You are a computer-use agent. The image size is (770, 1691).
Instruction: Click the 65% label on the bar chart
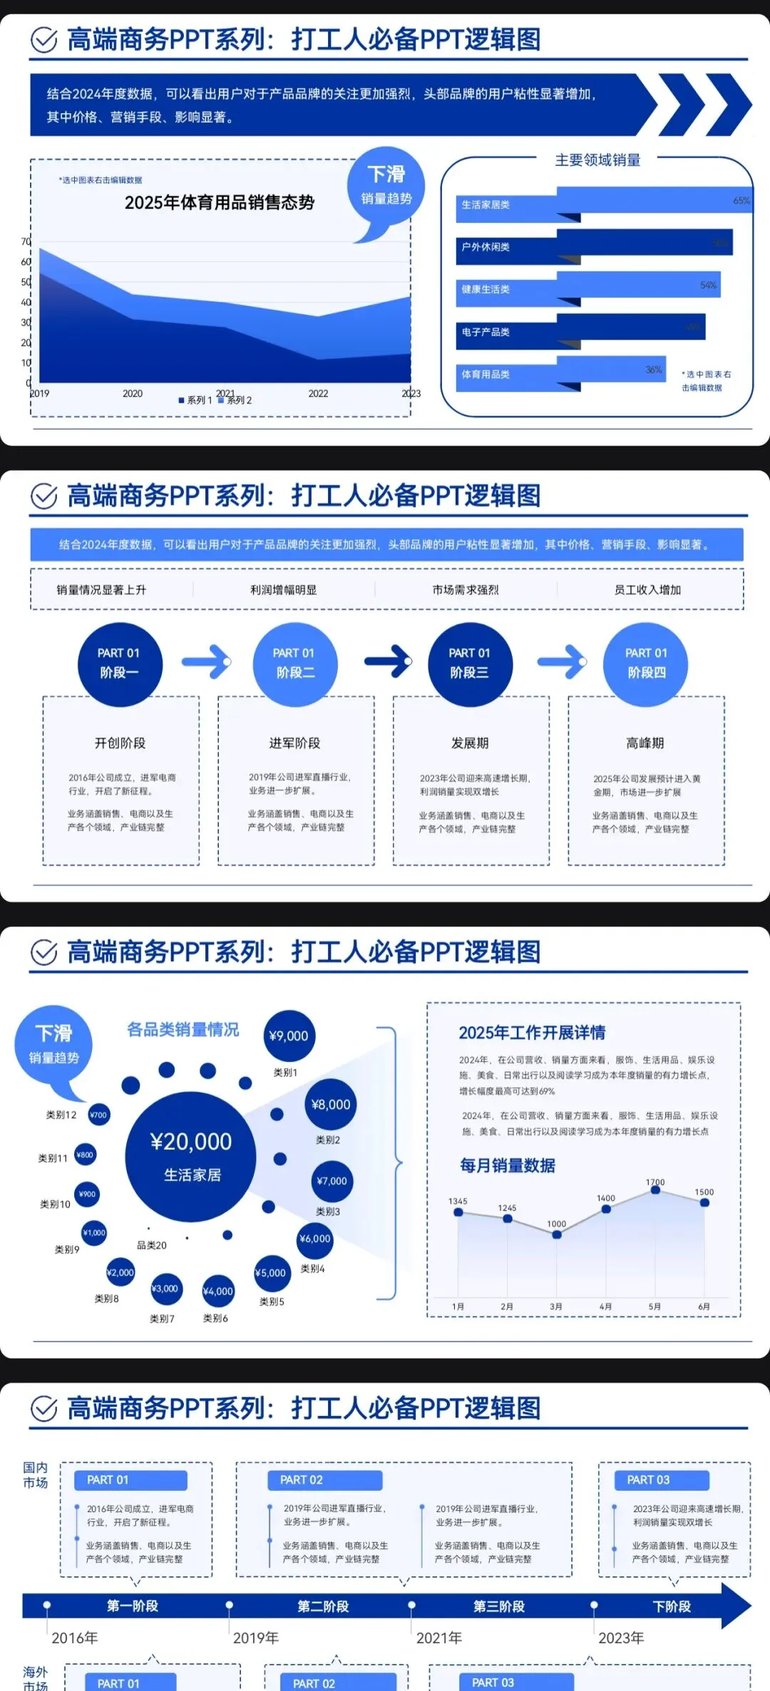[x=741, y=201]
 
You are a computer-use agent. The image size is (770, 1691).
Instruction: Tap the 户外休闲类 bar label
[x=486, y=247]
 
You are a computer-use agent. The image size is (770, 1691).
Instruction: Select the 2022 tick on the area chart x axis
[x=318, y=393]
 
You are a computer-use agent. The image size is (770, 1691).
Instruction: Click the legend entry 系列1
[x=195, y=400]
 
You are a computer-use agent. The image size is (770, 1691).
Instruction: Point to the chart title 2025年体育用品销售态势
[x=220, y=203]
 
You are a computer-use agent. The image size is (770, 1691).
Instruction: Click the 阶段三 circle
[x=470, y=663]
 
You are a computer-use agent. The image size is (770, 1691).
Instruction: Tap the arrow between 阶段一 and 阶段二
[x=206, y=662]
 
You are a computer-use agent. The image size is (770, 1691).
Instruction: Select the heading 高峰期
[x=645, y=743]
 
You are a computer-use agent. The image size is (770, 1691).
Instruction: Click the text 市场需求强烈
[x=466, y=590]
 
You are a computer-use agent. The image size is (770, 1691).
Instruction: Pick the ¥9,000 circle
[x=289, y=1036]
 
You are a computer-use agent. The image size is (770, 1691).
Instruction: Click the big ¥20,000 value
[x=191, y=1142]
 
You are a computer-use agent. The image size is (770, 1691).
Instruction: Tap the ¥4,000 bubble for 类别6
[x=218, y=1291]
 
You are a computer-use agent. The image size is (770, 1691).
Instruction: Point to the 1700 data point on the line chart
[x=655, y=1190]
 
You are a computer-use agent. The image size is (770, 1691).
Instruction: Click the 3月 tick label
[x=556, y=1306]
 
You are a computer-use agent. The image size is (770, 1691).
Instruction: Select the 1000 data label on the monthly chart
[x=557, y=1224]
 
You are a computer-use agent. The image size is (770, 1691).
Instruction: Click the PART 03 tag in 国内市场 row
[x=649, y=1480]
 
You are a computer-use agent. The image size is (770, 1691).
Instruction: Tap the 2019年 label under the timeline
[x=256, y=1638]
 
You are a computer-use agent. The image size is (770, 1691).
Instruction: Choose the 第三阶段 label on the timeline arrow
[x=499, y=1607]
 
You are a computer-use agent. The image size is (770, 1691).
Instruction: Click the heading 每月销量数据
[x=508, y=1166]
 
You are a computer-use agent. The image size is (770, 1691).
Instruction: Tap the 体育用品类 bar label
[x=486, y=375]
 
